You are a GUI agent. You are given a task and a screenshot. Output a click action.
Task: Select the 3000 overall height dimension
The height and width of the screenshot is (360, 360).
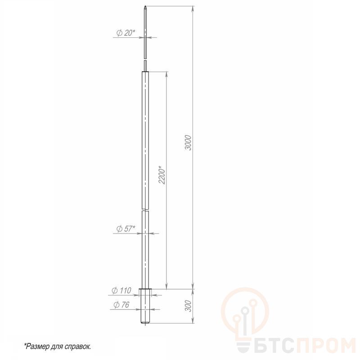click(x=188, y=143)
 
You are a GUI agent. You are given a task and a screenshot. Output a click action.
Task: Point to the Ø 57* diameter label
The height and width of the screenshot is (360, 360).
click(x=126, y=229)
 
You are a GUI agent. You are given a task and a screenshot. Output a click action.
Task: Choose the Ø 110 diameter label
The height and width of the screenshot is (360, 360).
click(x=121, y=290)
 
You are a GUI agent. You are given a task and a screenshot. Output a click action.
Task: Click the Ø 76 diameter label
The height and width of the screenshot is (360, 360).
click(x=121, y=305)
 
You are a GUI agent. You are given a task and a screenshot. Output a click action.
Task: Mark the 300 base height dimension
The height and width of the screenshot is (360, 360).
click(x=188, y=306)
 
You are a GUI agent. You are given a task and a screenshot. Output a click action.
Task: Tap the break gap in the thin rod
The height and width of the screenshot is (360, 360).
click(x=145, y=59)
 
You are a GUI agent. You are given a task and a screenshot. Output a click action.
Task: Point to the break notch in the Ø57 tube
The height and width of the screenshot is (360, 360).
click(x=145, y=210)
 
